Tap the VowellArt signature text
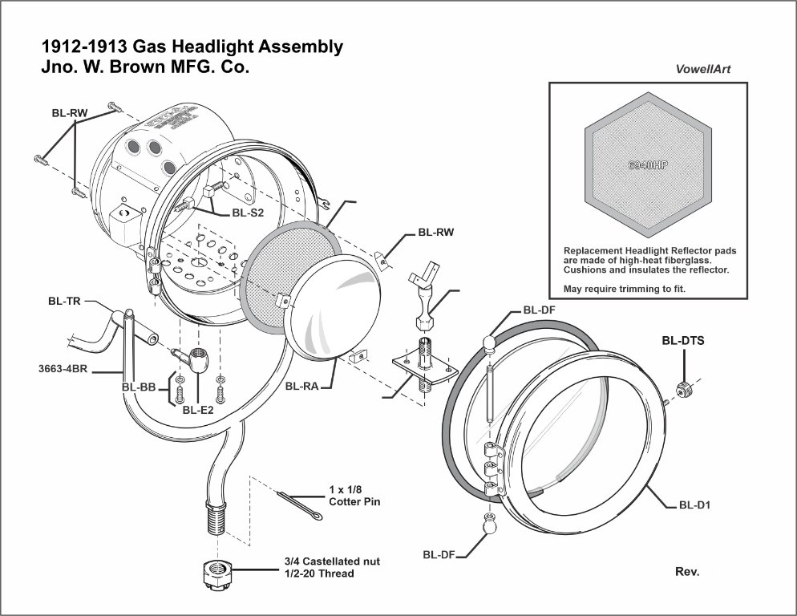coord(703,69)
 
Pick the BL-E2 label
coord(198,410)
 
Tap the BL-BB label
coord(138,387)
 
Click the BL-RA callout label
coord(302,386)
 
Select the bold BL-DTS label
coord(683,340)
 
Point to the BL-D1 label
coord(695,505)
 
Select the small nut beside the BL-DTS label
coord(684,390)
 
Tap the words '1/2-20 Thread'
coord(318,573)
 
